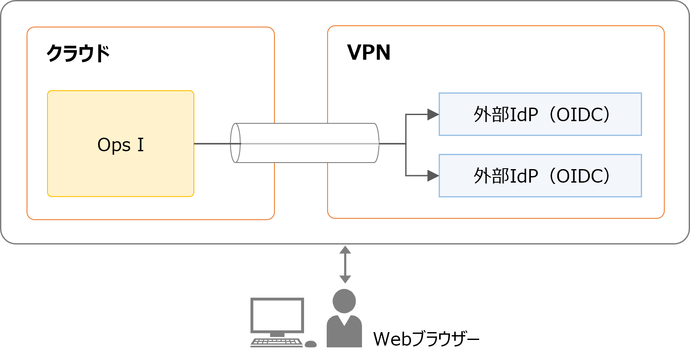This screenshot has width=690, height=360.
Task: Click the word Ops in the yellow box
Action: [x=114, y=145]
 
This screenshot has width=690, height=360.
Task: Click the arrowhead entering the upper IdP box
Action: [x=433, y=115]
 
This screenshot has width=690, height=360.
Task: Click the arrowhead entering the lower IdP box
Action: [x=433, y=176]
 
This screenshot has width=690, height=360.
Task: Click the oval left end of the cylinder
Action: [x=235, y=143]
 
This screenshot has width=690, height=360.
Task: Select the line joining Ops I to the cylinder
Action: [x=212, y=143]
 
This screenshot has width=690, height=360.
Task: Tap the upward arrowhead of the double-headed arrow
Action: [x=345, y=249]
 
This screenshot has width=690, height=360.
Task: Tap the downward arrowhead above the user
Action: [x=345, y=279]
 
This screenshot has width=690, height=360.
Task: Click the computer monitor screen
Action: [x=277, y=315]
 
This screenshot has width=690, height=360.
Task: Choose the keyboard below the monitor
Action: [x=277, y=343]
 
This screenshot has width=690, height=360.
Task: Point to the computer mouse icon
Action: [x=311, y=344]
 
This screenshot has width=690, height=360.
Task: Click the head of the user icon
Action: [x=344, y=301]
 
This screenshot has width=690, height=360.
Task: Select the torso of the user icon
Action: [x=344, y=333]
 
